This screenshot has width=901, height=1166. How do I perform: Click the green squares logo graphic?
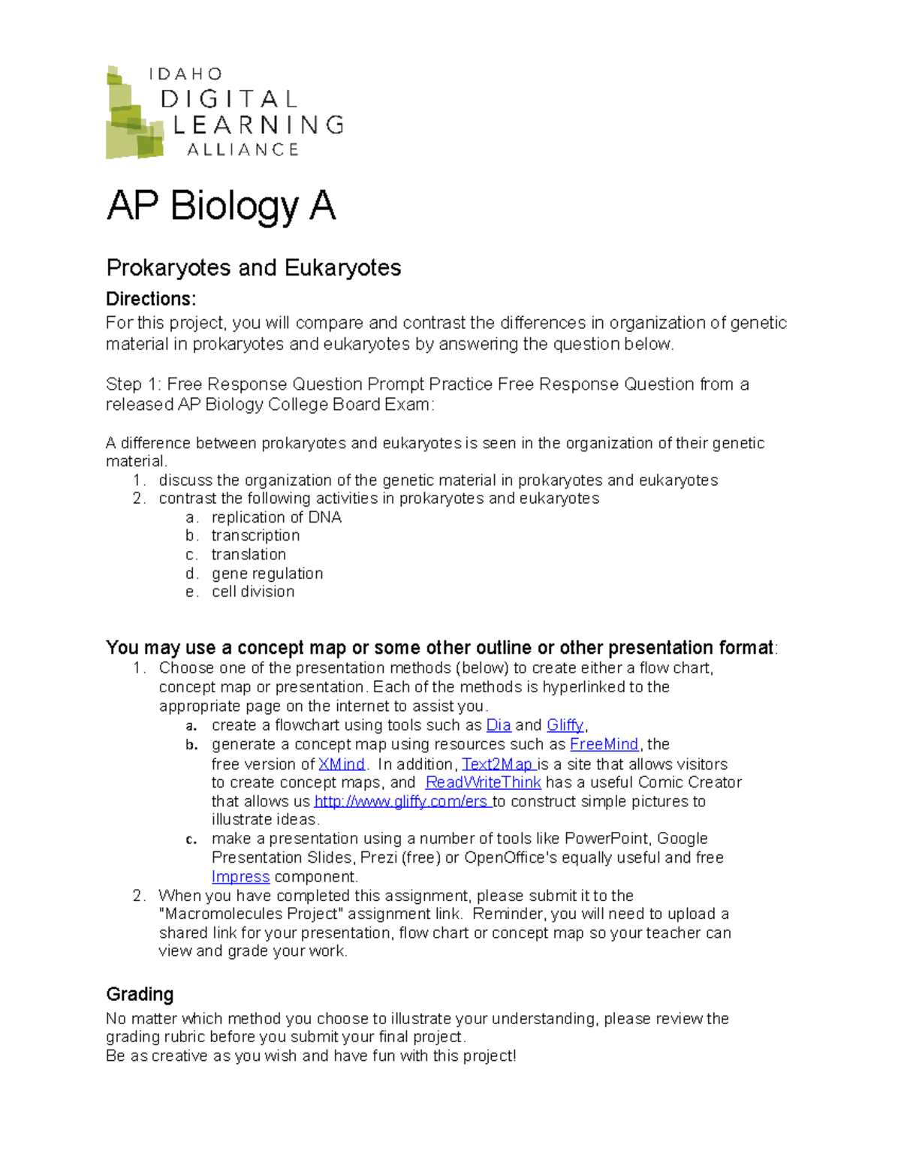[134, 114]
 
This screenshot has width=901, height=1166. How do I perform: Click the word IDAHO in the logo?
[185, 74]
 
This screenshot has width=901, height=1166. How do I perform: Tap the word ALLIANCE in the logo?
[243, 150]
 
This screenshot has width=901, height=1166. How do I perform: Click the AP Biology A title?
[221, 206]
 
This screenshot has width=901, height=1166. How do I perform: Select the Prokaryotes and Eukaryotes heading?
[253, 268]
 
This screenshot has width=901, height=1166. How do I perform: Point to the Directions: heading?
[151, 299]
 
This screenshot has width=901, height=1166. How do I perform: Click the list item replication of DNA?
[276, 517]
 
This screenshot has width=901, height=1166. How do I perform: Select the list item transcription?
[255, 535]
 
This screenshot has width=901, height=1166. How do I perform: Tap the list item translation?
[249, 554]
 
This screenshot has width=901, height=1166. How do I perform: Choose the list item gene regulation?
[267, 574]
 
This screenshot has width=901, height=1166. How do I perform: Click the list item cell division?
[253, 592]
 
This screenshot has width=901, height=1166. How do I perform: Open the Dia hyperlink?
[499, 725]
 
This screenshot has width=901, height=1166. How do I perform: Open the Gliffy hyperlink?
[565, 725]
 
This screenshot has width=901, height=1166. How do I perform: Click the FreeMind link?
[604, 744]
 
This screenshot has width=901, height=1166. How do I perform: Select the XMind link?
[342, 764]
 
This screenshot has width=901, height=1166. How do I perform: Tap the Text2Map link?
[497, 764]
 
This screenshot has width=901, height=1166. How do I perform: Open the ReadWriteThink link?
[483, 782]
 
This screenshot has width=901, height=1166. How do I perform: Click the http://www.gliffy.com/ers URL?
[402, 802]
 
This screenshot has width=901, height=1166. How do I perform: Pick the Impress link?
[240, 877]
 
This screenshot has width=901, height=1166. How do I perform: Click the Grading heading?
[140, 994]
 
